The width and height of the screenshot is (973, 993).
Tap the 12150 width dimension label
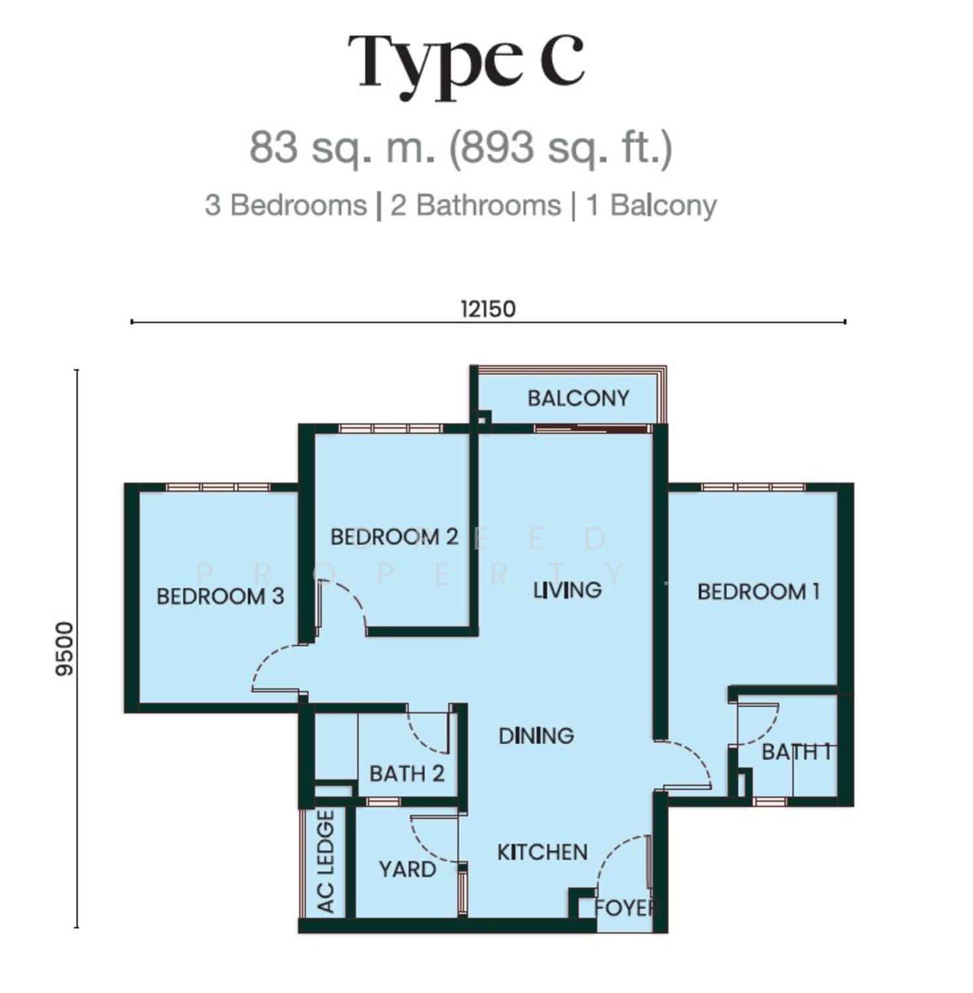[x=488, y=308]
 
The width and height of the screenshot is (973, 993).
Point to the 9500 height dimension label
[x=65, y=649]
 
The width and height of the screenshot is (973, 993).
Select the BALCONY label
[x=578, y=398]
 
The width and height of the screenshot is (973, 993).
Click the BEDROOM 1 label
[x=759, y=591]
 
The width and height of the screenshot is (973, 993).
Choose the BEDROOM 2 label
[x=394, y=536]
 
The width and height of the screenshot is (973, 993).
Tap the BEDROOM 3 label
[x=220, y=596]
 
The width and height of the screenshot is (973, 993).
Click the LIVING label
[x=567, y=590]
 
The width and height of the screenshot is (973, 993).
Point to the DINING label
[x=536, y=735]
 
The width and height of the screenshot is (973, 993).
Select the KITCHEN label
[x=542, y=852]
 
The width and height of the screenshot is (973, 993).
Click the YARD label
[x=407, y=869]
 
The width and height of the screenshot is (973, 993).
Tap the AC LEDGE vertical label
[x=326, y=862]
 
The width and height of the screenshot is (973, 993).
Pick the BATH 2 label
[x=407, y=773]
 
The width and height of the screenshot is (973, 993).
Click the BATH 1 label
[x=796, y=752]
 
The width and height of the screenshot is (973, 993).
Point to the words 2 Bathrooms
[x=475, y=205]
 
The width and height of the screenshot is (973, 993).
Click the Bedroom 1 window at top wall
[x=753, y=487]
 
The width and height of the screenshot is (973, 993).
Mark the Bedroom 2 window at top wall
[x=390, y=429]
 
